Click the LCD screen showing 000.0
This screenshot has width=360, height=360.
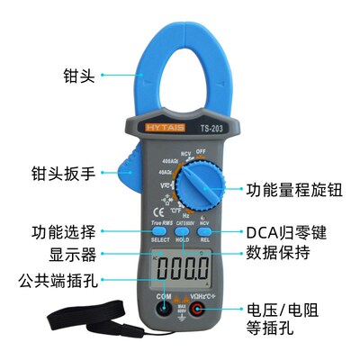coord(180,267)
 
